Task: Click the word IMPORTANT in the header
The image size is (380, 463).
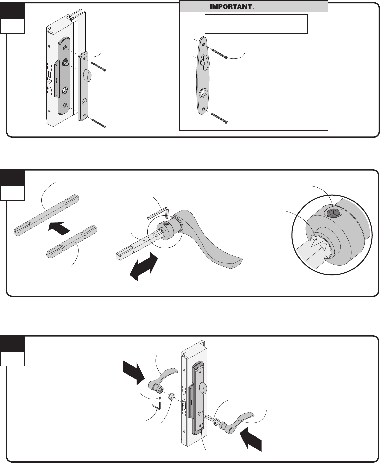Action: coord(231,7)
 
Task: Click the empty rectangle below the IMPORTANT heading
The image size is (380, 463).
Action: coord(256,23)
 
